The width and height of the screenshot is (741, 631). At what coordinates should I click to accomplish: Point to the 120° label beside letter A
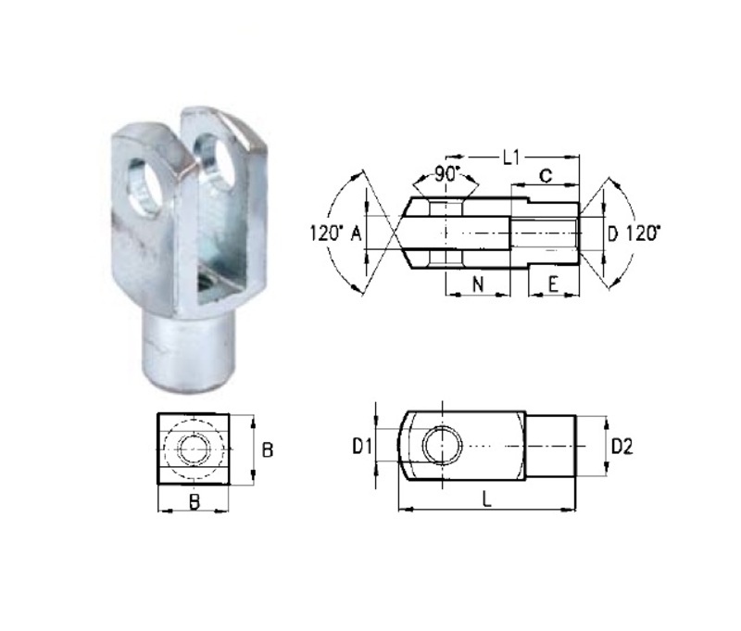tap(326, 234)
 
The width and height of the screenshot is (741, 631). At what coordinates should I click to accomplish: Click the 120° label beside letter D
tap(645, 234)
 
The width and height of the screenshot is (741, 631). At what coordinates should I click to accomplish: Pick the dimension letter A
tap(356, 234)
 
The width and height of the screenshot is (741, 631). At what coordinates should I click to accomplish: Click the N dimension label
tap(477, 285)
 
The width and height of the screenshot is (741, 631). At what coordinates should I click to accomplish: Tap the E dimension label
tap(552, 285)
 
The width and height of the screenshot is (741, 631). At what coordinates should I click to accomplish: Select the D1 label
tap(362, 447)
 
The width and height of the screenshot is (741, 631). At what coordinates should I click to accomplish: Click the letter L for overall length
tap(486, 500)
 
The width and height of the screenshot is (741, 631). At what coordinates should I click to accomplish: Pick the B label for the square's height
tap(267, 449)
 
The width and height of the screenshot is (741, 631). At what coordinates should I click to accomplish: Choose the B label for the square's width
tap(193, 502)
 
